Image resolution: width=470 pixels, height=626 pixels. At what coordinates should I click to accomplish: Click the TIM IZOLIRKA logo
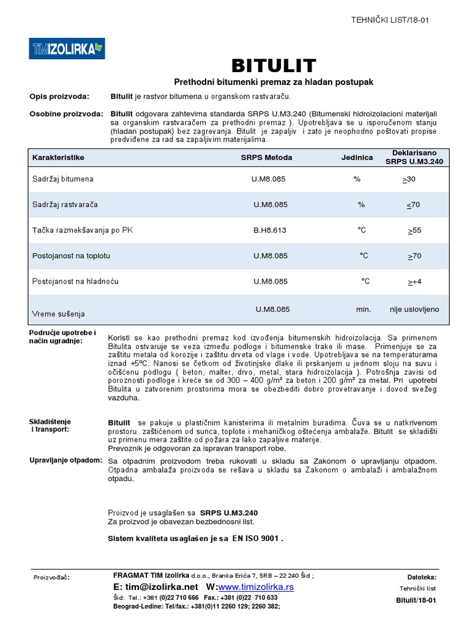67,48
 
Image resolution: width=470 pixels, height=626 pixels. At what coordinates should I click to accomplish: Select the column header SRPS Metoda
266,157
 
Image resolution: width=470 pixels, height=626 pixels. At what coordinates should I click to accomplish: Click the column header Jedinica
357,157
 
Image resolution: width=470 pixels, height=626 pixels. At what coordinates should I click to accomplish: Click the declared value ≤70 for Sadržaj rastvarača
414,205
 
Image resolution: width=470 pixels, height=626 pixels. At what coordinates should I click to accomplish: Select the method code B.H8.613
270,230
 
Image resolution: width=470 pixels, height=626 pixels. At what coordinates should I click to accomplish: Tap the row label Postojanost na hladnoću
75,281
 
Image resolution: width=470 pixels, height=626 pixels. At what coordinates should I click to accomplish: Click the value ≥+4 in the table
415,282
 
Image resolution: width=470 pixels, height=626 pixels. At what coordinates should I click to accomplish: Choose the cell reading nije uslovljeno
414,309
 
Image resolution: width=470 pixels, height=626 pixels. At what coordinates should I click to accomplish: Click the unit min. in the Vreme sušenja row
364,309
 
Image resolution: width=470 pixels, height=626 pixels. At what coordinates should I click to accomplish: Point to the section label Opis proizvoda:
59,97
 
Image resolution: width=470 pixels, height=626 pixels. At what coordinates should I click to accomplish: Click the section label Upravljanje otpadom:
66,460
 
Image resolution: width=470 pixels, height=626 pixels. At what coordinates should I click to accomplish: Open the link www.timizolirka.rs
252,587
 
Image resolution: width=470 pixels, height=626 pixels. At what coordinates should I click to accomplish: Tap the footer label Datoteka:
422,576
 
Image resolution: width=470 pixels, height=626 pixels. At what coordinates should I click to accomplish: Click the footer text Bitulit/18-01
417,600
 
